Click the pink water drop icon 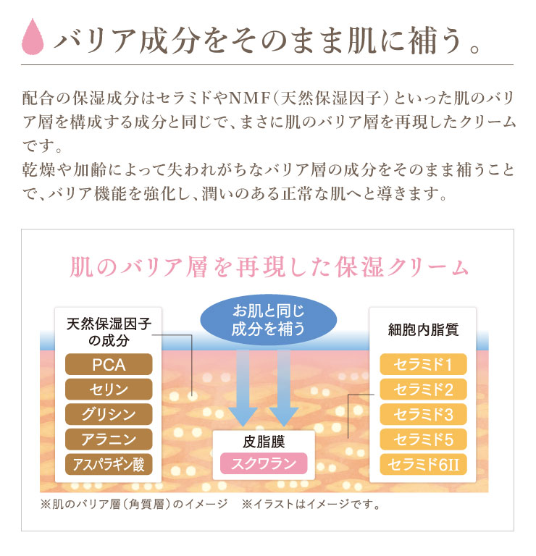pos(33,36)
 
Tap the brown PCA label pos(109,365)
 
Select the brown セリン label pos(109,389)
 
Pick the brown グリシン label pos(109,414)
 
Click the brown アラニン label pos(109,439)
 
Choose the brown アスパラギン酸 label pos(109,464)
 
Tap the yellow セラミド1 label pos(423,365)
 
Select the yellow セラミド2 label pos(423,389)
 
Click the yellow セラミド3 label pos(423,414)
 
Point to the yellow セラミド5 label pos(423,439)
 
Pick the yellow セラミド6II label pos(423,464)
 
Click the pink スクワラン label pos(264,463)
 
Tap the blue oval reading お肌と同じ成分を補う pos(269,320)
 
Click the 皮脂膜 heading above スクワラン pos(264,442)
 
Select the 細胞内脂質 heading pos(423,330)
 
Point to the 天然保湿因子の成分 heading pos(109,332)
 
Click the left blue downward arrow pos(243,388)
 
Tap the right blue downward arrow pos(284,388)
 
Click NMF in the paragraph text pos(250,98)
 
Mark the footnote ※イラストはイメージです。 pos(311,504)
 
